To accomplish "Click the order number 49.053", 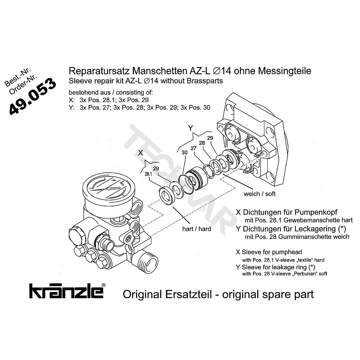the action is (x=33, y=96).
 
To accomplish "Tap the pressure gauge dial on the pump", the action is (x=108, y=188).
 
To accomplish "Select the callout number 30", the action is (x=185, y=153).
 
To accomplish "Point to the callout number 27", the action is (x=194, y=148).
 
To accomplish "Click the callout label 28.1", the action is (x=148, y=174).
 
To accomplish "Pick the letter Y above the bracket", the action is (x=190, y=128).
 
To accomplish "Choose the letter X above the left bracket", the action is (x=141, y=153).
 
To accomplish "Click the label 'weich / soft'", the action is (x=259, y=194).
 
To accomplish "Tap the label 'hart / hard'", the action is (x=197, y=229).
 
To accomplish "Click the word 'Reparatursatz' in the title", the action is (x=99, y=71).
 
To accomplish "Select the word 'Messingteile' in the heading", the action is (x=285, y=71).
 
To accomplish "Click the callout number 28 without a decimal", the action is (x=202, y=143).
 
